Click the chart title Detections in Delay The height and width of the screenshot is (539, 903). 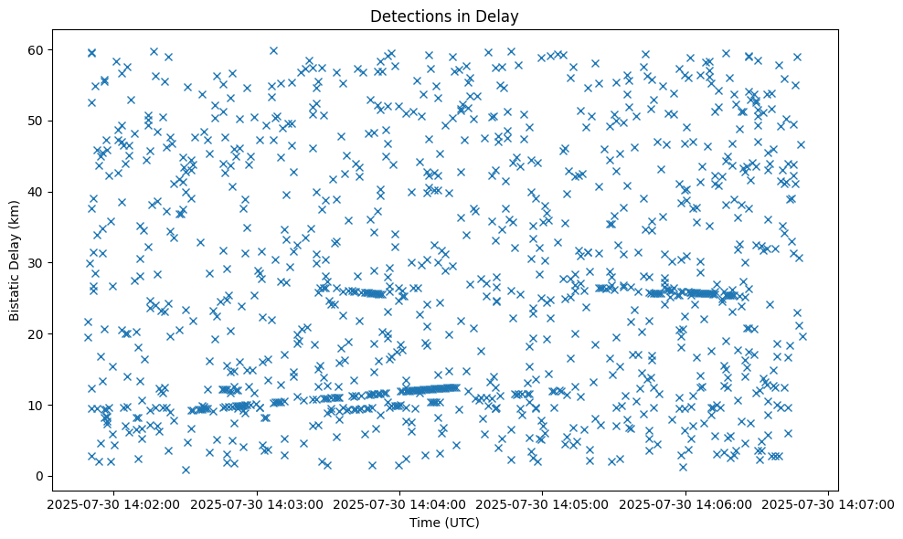point(444,16)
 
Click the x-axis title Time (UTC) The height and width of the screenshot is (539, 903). point(444,523)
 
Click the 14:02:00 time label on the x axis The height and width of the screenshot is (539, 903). point(113,503)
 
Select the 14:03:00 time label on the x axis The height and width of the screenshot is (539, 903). point(257,503)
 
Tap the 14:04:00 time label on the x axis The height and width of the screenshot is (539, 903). point(399,503)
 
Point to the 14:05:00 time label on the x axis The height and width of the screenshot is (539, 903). point(543,503)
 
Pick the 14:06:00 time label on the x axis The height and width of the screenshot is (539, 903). point(685,503)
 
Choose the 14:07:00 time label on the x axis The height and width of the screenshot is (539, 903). point(829,503)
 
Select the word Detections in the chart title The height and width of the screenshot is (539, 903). point(406,16)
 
